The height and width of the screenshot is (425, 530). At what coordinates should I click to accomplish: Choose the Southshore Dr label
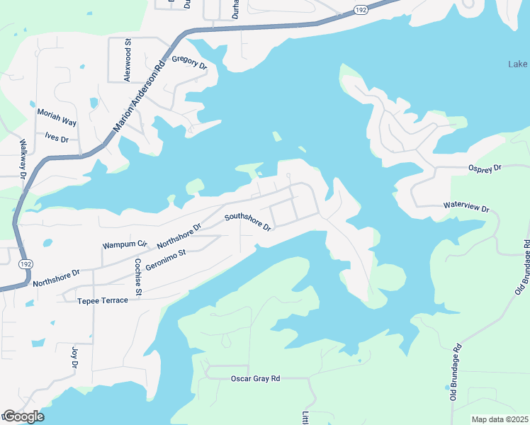(248, 222)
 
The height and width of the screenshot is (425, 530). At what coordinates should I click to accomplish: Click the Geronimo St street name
(165, 260)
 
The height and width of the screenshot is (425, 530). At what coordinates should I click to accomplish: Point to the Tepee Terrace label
(103, 300)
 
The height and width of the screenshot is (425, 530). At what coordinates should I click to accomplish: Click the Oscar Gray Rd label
(256, 378)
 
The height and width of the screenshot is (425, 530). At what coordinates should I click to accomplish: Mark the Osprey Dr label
(485, 168)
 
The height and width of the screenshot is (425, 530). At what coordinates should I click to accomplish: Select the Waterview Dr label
(466, 208)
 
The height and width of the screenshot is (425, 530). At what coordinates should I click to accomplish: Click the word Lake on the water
(518, 64)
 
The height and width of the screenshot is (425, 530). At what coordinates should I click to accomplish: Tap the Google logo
(23, 416)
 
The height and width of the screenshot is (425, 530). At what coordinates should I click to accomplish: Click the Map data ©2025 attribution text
(500, 419)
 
